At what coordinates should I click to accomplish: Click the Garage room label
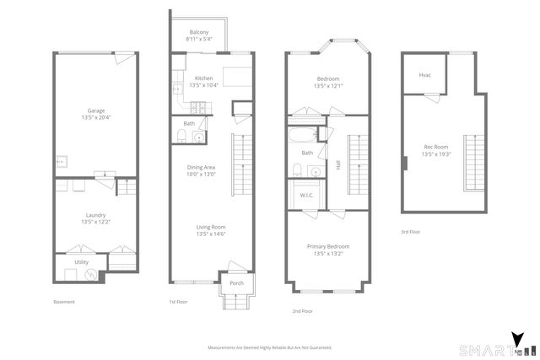pos(96,110)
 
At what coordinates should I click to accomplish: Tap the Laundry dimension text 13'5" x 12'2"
pos(96,221)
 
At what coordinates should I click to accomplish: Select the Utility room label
pos(81,262)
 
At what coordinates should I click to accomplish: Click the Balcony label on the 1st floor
pos(199,32)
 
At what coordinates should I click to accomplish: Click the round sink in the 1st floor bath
pos(199,137)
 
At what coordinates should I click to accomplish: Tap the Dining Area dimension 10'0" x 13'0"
pos(201,174)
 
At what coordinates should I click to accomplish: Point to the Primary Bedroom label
pos(327,246)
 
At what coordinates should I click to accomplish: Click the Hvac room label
pos(425,75)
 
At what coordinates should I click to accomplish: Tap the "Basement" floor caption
pos(64,301)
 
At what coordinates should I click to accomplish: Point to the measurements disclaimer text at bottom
pos(270,347)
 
